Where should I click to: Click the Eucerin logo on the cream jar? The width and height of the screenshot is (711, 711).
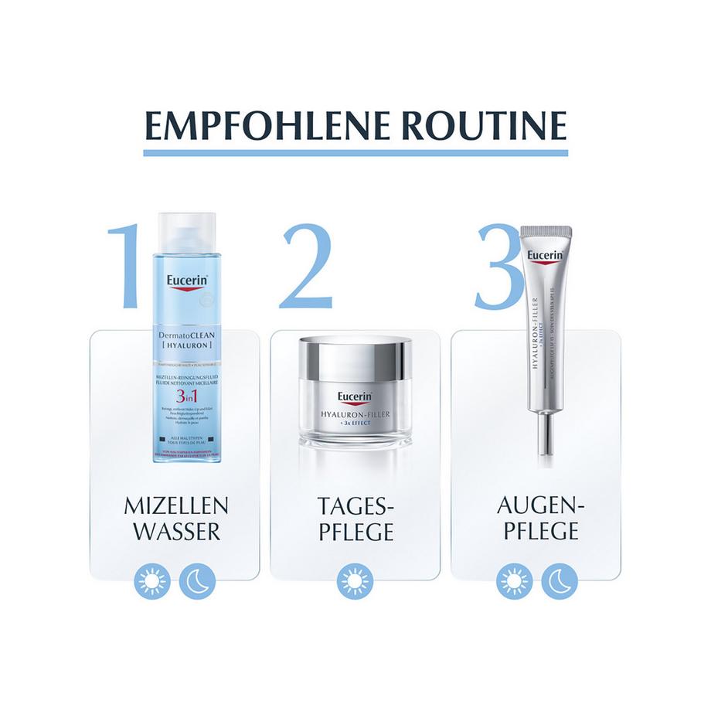355,399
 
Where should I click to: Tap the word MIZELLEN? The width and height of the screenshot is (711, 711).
176,507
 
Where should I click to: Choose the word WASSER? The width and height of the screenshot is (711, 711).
176,532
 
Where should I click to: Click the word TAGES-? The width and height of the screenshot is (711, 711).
355,507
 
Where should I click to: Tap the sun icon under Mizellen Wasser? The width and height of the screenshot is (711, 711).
151,581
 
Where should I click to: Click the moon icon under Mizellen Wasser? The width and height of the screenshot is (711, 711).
197,581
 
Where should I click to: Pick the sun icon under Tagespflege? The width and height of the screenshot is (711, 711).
355,581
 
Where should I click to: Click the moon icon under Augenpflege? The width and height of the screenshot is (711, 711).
559,581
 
